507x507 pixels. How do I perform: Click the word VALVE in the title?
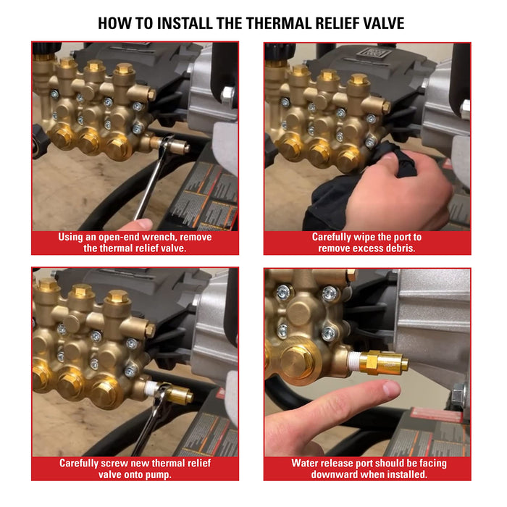click(379, 23)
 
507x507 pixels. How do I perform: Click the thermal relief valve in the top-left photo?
click(174, 145)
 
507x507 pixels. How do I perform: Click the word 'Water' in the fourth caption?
click(307, 463)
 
